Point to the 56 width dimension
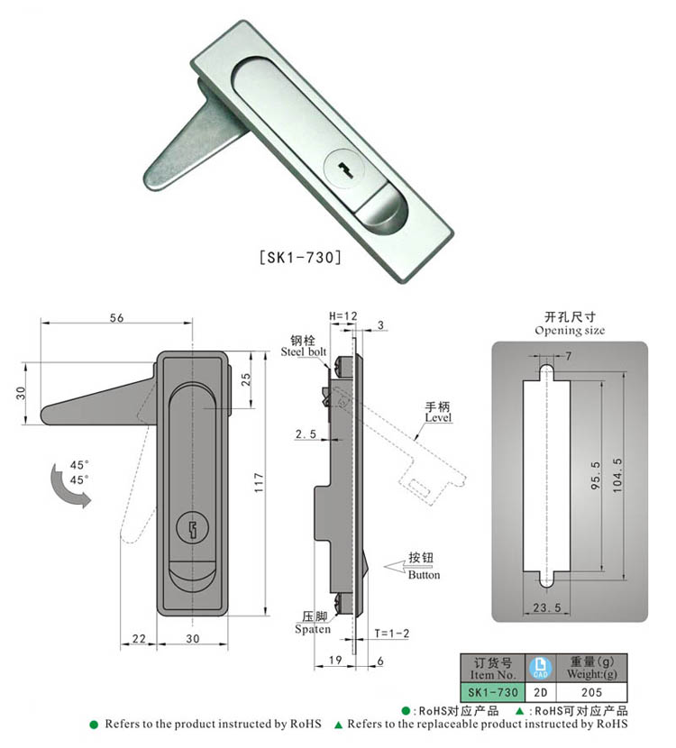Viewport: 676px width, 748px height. pos(115,317)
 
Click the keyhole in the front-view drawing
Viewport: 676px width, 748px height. pos(193,528)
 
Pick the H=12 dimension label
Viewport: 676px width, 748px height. pos(343,316)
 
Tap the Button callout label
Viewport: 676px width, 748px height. pos(424,574)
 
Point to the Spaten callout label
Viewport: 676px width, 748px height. pos(313,629)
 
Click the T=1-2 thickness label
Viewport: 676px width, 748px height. pos(392,634)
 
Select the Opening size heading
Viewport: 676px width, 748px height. pos(570,330)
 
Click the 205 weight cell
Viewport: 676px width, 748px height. pos(590,692)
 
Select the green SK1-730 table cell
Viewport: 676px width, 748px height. pos(491,692)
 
